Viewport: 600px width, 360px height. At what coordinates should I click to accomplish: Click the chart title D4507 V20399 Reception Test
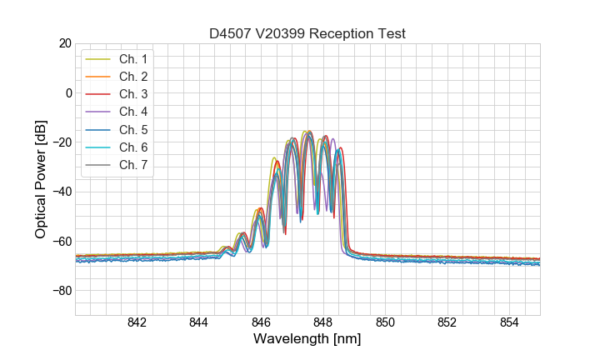point(307,33)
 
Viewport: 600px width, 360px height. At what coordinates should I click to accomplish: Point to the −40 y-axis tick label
point(62,192)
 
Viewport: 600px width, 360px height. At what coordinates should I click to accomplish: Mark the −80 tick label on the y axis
point(62,291)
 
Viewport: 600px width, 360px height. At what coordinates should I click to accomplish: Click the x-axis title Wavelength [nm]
point(307,340)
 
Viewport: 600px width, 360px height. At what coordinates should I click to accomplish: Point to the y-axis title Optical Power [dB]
point(41,179)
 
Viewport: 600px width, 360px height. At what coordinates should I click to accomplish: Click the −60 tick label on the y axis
point(62,242)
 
